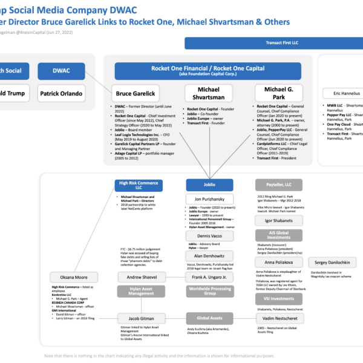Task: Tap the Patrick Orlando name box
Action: coord(61,94)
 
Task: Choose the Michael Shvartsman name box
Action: coord(209,93)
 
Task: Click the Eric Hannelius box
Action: coord(342,94)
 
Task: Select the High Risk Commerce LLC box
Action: coord(138,185)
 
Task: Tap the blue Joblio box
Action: coord(209,185)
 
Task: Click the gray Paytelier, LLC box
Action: coord(278,185)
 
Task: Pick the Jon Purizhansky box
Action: coord(209,199)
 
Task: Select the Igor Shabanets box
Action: coord(278,221)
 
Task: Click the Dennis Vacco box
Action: coord(209,236)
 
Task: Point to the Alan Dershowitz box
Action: coord(209,256)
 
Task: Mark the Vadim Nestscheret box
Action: coord(278,318)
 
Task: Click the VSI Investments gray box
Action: coord(278,298)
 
